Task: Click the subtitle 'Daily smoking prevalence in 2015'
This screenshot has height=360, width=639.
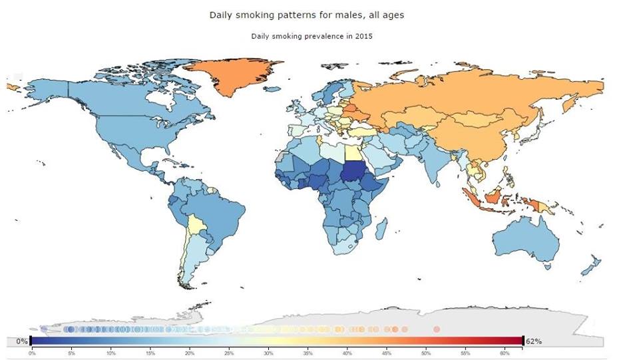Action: point(312,36)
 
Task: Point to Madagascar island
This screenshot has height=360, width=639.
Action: point(382,230)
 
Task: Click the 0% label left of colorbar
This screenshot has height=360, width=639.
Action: point(21,341)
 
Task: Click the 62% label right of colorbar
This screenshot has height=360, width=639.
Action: point(534,341)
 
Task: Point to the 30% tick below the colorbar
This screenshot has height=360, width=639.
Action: point(268,353)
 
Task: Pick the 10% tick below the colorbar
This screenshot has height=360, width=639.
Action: point(110,353)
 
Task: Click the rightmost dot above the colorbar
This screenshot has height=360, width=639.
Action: point(437,329)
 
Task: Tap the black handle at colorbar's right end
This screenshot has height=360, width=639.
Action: point(523,341)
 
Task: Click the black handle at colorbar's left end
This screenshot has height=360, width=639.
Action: point(31,341)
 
